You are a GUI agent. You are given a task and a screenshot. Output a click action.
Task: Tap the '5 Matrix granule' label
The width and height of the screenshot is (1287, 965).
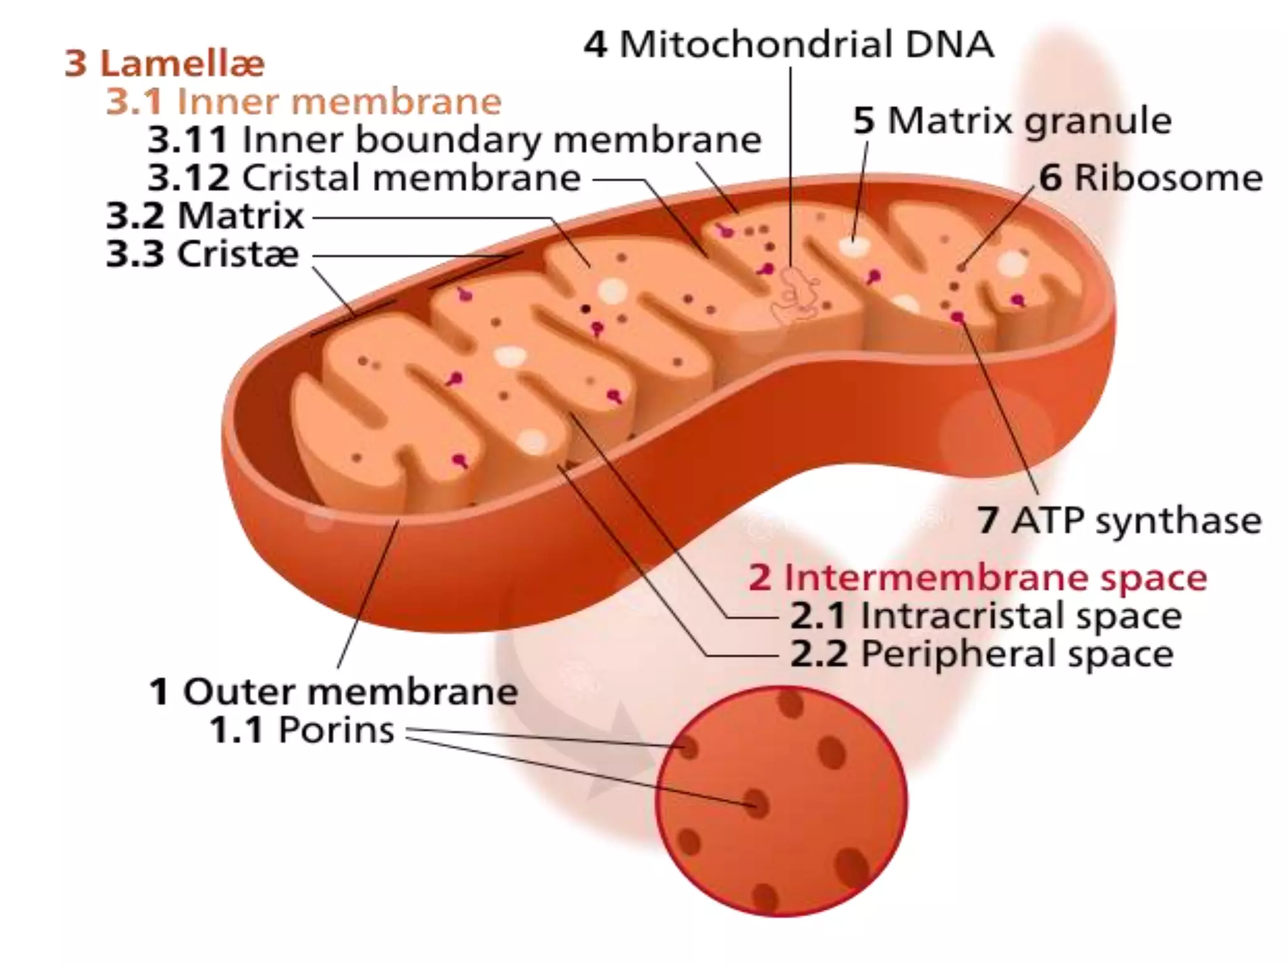[x=1012, y=121]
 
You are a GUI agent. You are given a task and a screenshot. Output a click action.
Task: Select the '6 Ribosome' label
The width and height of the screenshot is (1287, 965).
[x=1150, y=178]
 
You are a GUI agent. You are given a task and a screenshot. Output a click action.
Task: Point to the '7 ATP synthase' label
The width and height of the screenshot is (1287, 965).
[x=1119, y=521]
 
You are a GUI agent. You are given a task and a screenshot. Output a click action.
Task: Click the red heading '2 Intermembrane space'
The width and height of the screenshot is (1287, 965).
[x=977, y=577]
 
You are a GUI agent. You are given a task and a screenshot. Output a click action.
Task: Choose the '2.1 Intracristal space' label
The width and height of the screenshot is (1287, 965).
[x=985, y=616]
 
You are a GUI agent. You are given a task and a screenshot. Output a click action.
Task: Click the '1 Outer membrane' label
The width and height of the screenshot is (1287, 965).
[x=334, y=692]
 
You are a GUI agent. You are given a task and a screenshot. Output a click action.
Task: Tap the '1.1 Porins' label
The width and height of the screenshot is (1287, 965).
[x=302, y=731]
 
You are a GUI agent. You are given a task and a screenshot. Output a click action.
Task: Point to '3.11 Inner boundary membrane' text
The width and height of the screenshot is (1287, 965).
[x=454, y=140]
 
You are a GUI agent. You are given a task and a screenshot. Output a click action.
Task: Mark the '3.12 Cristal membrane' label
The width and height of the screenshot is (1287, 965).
[x=364, y=178]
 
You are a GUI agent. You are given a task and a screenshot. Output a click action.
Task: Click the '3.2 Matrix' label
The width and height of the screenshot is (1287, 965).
[x=205, y=216]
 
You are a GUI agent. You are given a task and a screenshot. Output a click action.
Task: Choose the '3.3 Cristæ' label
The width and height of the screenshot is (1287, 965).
[x=202, y=254]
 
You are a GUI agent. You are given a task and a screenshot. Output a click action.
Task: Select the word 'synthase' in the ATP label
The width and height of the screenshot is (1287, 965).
[x=1178, y=521]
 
